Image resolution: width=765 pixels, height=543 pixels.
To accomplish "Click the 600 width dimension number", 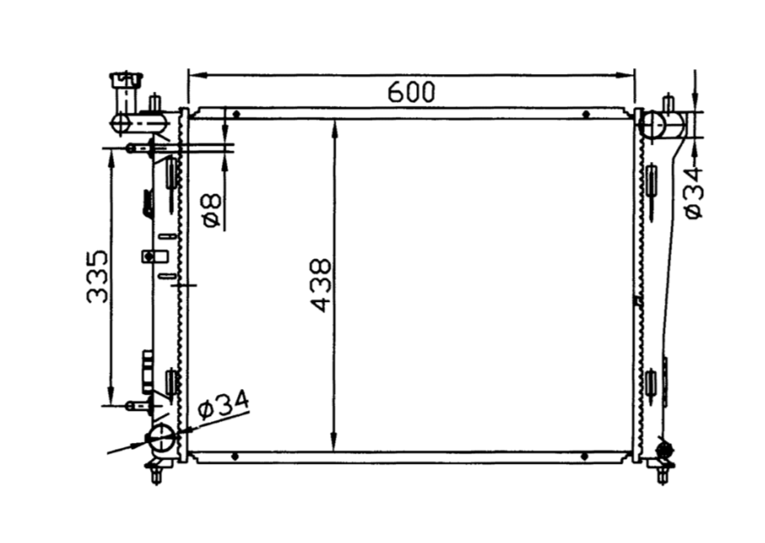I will [411, 92].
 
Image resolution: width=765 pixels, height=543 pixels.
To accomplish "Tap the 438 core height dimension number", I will [322, 285].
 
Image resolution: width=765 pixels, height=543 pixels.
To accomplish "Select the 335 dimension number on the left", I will [98, 276].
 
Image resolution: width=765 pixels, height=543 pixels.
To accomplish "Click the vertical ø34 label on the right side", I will [693, 192].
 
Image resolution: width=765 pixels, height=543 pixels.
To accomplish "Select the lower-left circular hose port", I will [161, 437].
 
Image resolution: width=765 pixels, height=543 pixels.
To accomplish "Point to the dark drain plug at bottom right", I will [664, 448].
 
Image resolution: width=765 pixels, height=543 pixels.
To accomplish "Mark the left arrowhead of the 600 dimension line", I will [194, 76].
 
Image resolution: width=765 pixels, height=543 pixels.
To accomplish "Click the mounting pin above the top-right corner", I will [668, 103].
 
